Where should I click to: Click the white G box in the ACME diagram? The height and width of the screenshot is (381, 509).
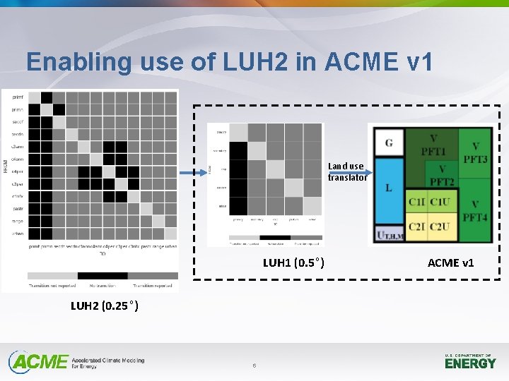point(389,143)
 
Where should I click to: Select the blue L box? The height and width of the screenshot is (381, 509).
point(389,189)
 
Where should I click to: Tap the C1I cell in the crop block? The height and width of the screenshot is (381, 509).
point(416,202)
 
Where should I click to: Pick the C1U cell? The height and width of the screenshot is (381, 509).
point(440,202)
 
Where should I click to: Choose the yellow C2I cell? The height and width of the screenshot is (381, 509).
point(416,226)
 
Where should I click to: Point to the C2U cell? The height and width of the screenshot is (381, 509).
point(440,226)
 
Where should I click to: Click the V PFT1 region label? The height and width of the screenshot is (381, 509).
point(433,145)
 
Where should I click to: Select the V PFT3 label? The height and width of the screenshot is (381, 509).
point(475,152)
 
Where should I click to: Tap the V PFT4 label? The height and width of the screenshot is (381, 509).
point(475,210)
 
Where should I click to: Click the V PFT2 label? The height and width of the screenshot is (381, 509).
point(442,175)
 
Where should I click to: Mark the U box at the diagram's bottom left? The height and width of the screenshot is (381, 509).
point(389,235)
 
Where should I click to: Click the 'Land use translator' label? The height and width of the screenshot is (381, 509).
point(346,171)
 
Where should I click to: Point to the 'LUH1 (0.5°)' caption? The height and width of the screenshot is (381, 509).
point(293,263)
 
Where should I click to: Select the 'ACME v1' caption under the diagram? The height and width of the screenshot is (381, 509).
point(450,263)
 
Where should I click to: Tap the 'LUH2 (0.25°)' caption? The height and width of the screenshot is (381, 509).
point(104,306)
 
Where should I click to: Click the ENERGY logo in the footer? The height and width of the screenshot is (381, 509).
point(470,362)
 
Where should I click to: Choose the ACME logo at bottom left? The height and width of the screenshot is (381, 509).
point(40,362)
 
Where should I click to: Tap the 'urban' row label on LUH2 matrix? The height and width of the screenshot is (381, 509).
point(17,234)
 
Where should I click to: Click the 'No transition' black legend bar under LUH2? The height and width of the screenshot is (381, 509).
point(103,276)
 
